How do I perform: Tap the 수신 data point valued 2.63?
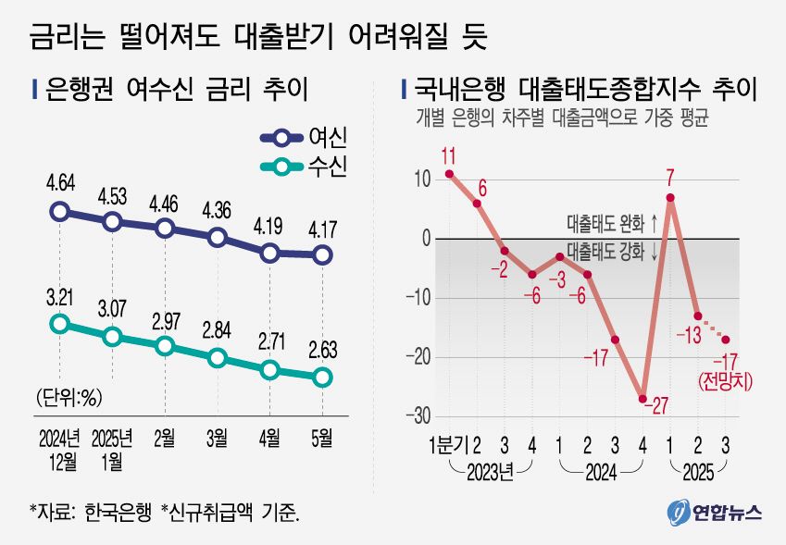[322, 377]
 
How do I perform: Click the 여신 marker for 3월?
[218, 238]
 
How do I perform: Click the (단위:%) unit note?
[69, 398]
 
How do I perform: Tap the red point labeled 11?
[449, 173]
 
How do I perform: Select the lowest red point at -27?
[643, 399]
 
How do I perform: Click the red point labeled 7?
[669, 197]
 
